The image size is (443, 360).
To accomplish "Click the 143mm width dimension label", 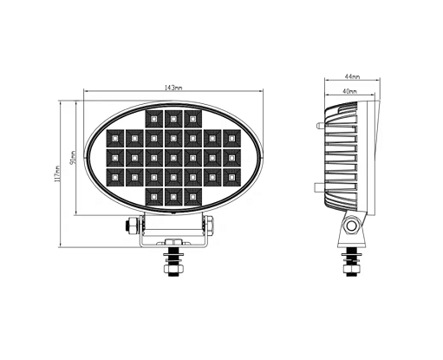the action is (x=173, y=88).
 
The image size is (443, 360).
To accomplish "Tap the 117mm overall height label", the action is (x=57, y=173).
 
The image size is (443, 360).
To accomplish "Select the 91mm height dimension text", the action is (x=73, y=158).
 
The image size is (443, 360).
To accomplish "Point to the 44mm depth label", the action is (x=352, y=76).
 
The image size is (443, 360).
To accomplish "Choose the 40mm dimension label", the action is (x=349, y=91).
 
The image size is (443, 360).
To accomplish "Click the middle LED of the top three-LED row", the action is (x=173, y=119).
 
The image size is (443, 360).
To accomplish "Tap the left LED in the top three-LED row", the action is (x=153, y=119).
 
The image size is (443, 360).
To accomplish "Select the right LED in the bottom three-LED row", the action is (x=192, y=197).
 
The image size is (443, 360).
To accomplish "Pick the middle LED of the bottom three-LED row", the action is (x=173, y=197).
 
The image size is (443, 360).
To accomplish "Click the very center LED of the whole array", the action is (x=173, y=158).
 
